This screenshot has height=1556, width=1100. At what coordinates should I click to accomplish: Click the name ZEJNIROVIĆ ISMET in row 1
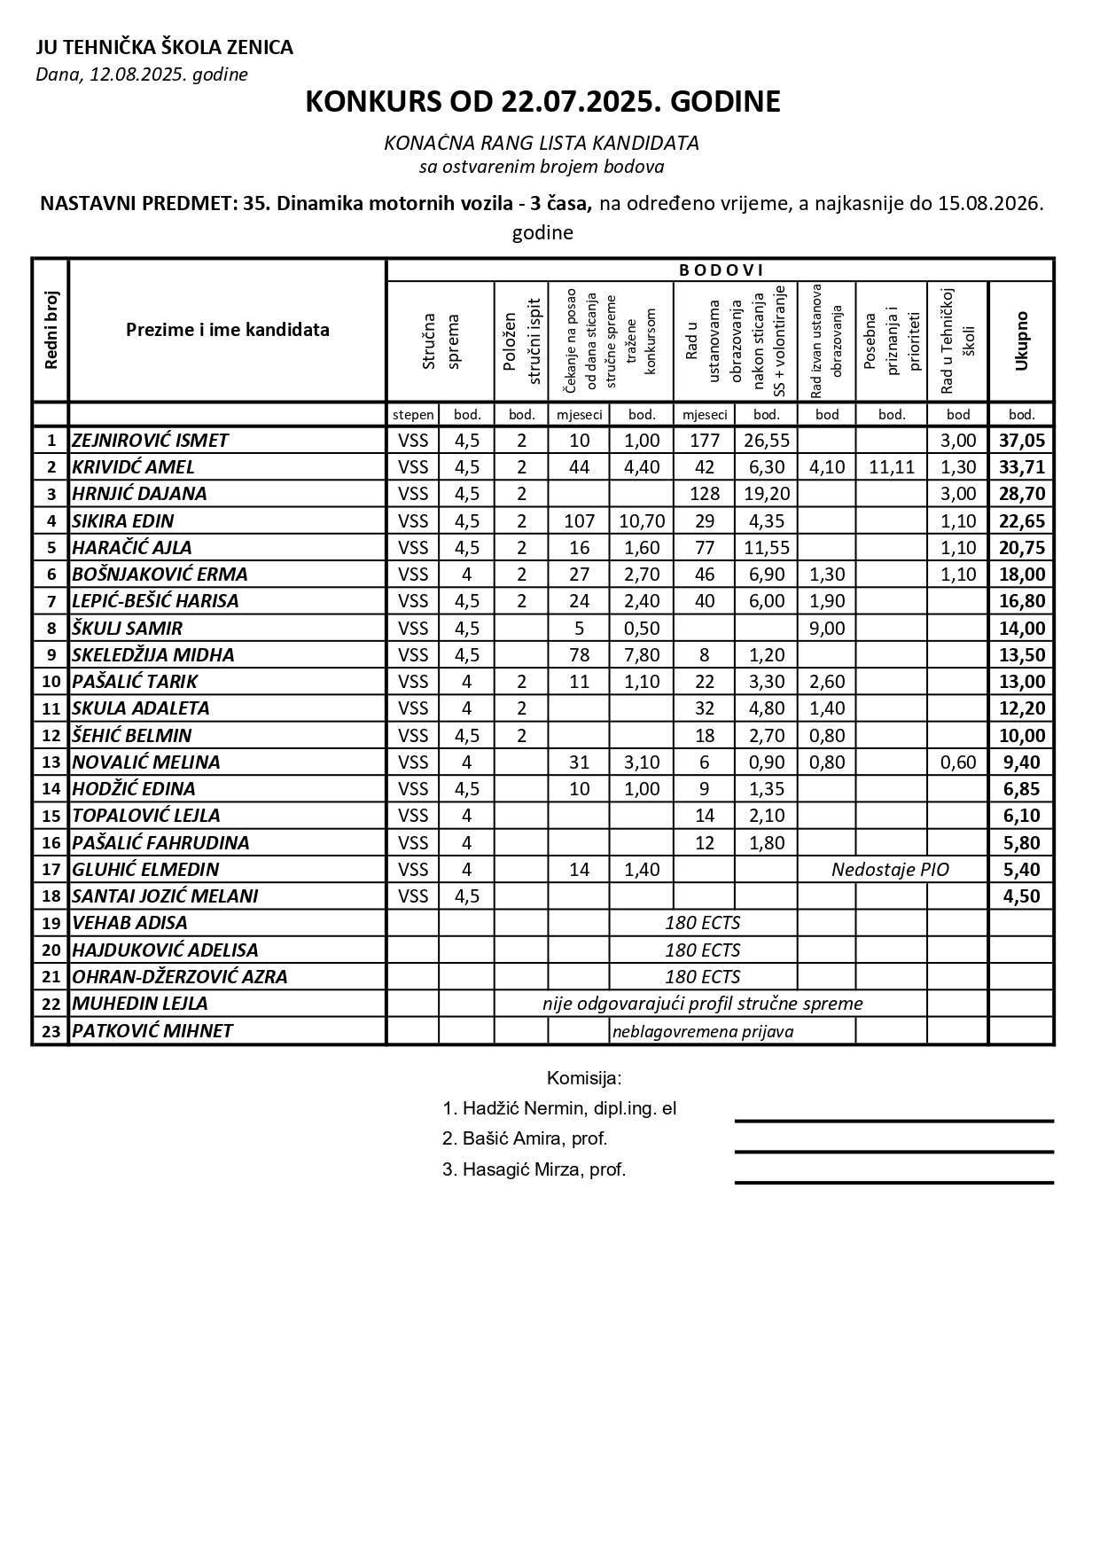pos(150,441)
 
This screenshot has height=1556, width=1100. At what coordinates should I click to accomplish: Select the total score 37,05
pos(1021,441)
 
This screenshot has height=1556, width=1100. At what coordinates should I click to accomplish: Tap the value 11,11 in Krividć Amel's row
pos(892,467)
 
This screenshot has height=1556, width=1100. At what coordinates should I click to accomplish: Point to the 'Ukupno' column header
pos(1021,340)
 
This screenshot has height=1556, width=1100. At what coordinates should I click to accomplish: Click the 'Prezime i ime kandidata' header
pos(227,330)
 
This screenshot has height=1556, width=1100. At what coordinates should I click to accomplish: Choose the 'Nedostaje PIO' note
pos(890,870)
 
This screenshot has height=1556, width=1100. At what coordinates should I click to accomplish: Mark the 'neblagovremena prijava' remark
pos(703,1031)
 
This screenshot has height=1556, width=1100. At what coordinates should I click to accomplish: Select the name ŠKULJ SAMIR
pos(127,629)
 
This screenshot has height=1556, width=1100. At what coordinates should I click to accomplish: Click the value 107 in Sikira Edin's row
pos(579,521)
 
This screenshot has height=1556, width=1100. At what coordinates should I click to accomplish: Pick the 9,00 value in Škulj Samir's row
pos(827,629)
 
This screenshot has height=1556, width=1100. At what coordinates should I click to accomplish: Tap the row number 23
pos(51,1031)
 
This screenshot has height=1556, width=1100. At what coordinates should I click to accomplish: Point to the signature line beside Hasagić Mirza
pos(893,1182)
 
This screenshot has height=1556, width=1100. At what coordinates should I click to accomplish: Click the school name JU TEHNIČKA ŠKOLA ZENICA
pos(164,47)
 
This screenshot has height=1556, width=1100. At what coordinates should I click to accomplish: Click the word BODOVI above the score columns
pos(721,270)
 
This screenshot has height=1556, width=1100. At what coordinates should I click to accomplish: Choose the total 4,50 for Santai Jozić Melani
pos(1021,896)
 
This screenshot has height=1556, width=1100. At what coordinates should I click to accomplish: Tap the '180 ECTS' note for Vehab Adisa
pos(703,923)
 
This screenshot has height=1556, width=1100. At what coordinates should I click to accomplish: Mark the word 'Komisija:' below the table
pos(584,1078)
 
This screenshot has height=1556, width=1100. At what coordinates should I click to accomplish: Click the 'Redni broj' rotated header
pos(51,330)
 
